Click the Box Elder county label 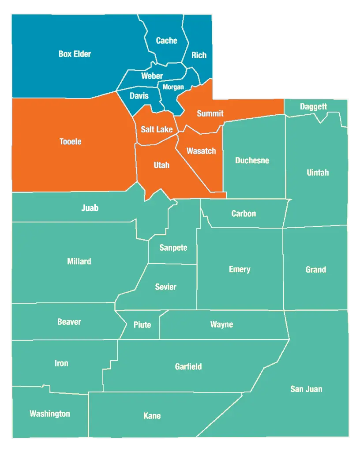point(75,54)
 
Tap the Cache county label point(166,41)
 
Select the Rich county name point(199,55)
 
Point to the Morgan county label point(173,87)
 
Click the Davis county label point(139,96)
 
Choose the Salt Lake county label point(157,129)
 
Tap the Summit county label point(210,113)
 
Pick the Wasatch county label point(201,151)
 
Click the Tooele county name point(71,142)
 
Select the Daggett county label point(313,106)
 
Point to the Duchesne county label point(252,160)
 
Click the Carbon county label point(244,214)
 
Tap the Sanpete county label point(173,248)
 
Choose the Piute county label point(142,325)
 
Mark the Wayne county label point(221,324)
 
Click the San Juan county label point(306,389)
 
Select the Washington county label point(49,414)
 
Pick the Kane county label point(152,416)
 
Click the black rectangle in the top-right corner point(282,54)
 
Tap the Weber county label point(152,76)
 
